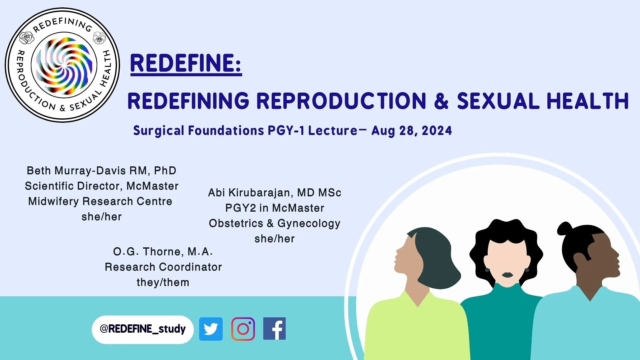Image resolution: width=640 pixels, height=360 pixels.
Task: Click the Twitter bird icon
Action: tap(211, 329)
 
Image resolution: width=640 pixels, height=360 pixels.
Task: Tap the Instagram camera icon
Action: tap(243, 329)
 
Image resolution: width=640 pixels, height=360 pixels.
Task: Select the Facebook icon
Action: tap(274, 329)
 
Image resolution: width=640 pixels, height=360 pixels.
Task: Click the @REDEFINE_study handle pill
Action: tap(143, 329)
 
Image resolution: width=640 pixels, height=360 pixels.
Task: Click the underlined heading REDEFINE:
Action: tap(186, 63)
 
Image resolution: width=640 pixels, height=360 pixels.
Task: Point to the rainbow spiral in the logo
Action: tap(64, 65)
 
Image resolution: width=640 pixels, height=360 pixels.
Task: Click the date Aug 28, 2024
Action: tap(412, 131)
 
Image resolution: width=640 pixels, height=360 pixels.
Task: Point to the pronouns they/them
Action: tap(163, 282)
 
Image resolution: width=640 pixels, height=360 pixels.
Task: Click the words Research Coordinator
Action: tap(163, 267)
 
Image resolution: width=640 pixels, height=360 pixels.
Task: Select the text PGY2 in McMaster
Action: tap(274, 208)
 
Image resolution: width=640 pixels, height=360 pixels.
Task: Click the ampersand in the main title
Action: tap(441, 101)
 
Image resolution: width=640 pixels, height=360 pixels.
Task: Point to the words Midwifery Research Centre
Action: tap(100, 201)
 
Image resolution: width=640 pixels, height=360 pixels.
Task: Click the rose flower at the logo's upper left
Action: tap(27, 38)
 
